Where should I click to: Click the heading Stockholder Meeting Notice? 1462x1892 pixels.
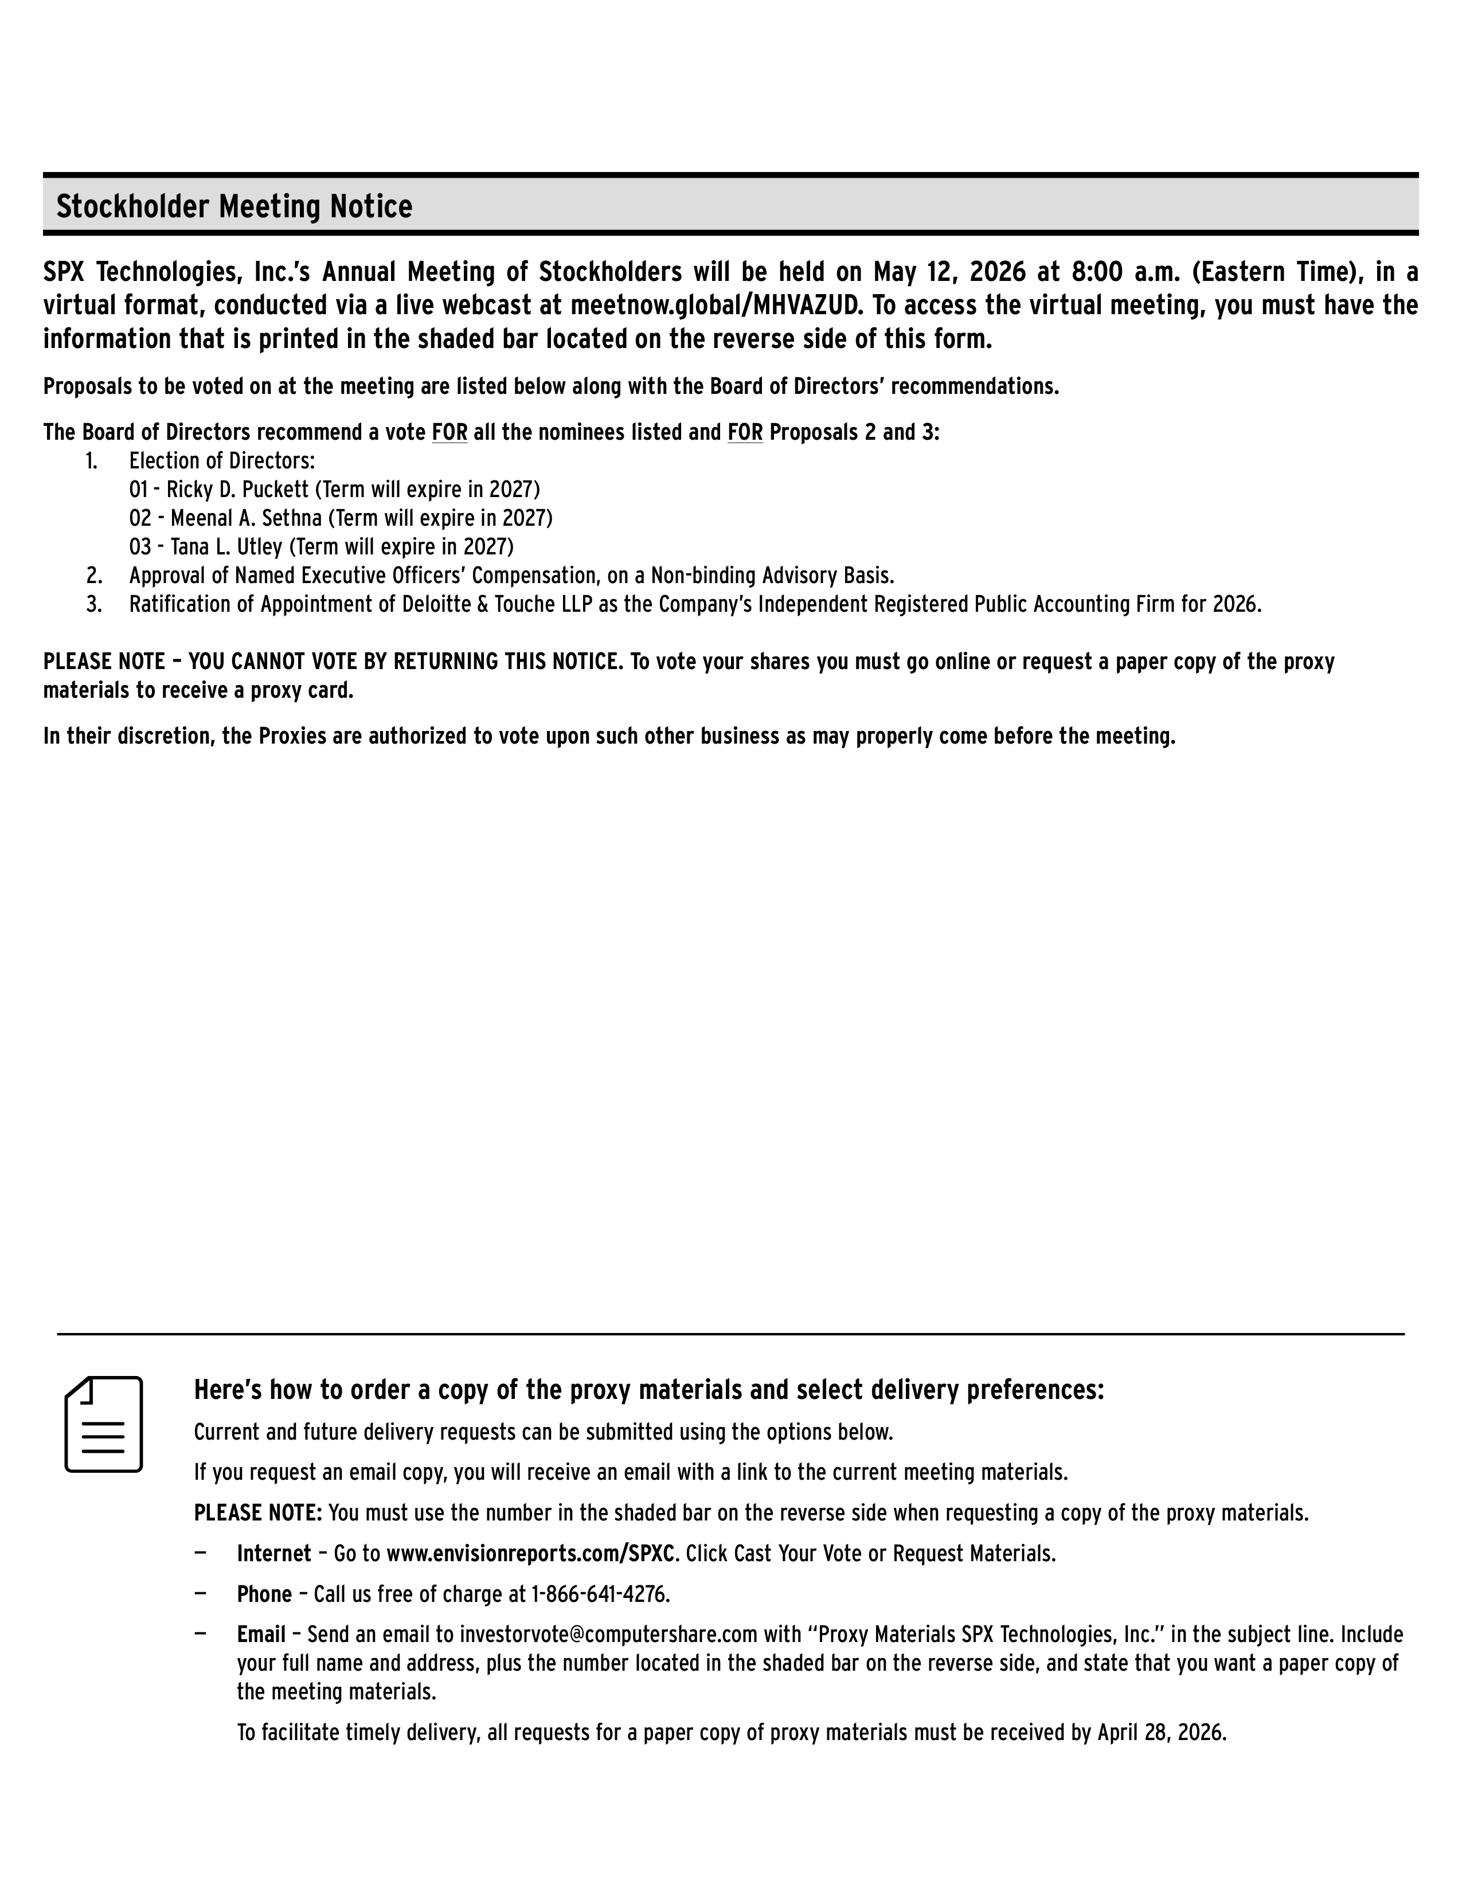point(234,207)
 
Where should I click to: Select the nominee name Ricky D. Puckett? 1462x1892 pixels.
point(237,490)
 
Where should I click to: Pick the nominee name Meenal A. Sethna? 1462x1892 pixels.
point(247,518)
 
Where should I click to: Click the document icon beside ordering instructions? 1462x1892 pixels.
point(104,1424)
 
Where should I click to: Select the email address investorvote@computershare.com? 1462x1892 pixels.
point(609,1635)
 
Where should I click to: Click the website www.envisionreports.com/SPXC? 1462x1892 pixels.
point(530,1553)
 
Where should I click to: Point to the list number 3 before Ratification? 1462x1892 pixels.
point(93,604)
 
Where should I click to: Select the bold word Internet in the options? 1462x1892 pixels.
point(273,1553)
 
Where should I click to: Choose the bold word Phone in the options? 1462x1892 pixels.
point(264,1594)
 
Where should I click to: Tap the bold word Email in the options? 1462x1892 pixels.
point(261,1635)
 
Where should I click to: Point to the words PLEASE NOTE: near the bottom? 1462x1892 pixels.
point(257,1512)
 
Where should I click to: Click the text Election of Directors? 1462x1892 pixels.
point(222,461)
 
